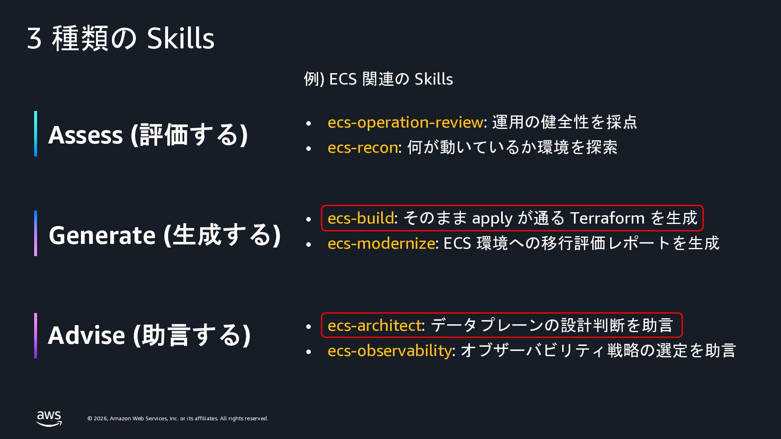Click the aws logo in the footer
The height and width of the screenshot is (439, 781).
[49, 419]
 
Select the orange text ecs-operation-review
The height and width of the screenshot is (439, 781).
[406, 122]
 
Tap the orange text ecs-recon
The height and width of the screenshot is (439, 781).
[363, 148]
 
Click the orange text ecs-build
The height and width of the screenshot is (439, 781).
[361, 218]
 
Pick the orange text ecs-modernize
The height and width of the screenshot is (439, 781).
[381, 243]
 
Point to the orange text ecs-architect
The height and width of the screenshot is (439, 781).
[375, 326]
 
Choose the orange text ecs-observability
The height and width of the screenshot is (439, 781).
[390, 351]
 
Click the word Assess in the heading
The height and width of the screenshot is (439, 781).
[85, 135]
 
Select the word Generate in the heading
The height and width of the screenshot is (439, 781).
[102, 235]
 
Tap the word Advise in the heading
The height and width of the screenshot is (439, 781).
[86, 335]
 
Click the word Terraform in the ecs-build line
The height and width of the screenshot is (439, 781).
[607, 218]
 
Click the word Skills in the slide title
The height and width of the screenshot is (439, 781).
[181, 39]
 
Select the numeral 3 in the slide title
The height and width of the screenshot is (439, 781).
[35, 39]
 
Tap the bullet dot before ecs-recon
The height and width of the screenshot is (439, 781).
[308, 149]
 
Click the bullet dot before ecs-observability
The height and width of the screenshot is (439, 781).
[308, 352]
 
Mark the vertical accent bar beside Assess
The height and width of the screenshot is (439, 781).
[36, 134]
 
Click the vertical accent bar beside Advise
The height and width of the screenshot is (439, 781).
[36, 336]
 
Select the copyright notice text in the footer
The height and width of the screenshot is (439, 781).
[178, 419]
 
